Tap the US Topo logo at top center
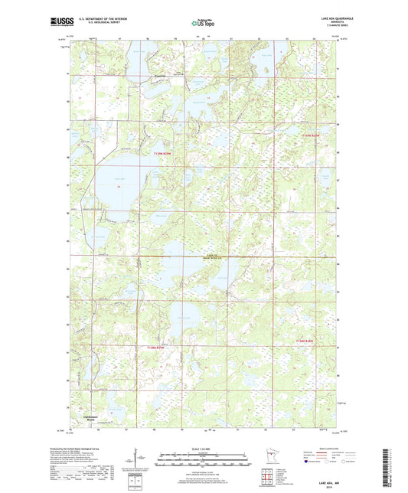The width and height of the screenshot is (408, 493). pyautogui.click(x=204, y=24)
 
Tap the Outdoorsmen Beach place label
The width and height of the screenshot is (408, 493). pyautogui.click(x=86, y=418)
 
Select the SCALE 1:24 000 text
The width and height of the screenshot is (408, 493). pyautogui.click(x=204, y=448)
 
